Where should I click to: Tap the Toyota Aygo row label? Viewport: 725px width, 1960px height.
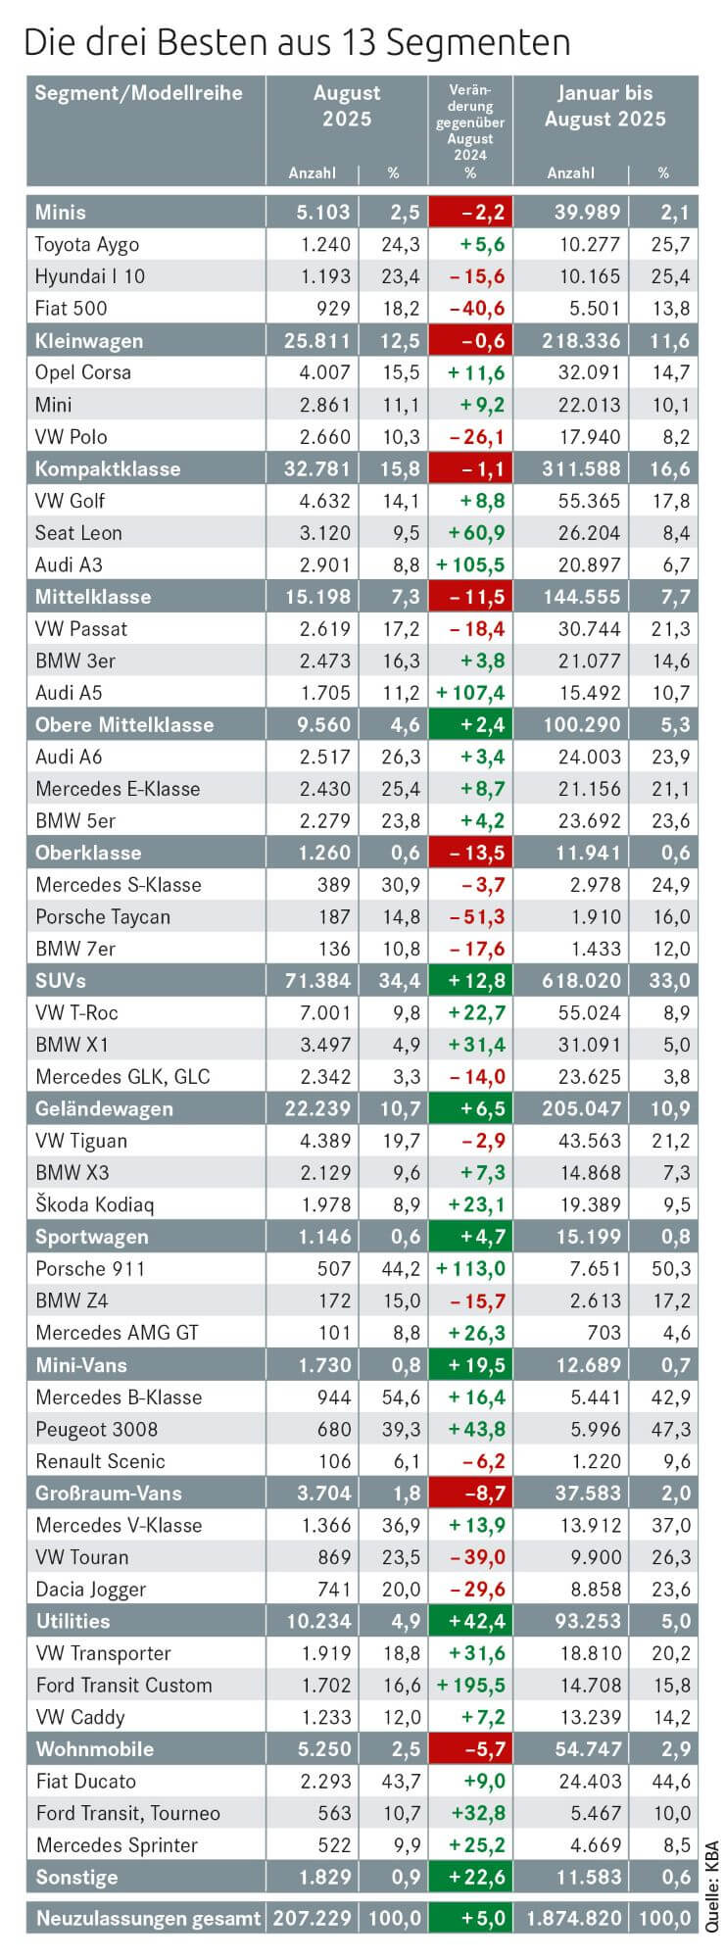(87, 244)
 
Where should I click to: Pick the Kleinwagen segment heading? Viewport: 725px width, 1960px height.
(88, 341)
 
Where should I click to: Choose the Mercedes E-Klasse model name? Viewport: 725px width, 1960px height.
(118, 789)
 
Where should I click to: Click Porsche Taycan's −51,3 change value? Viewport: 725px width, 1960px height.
(477, 916)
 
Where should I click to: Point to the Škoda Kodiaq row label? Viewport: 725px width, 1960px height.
(95, 1204)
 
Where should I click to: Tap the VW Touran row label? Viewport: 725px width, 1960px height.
(82, 1557)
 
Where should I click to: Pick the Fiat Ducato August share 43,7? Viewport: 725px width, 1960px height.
(401, 1781)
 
